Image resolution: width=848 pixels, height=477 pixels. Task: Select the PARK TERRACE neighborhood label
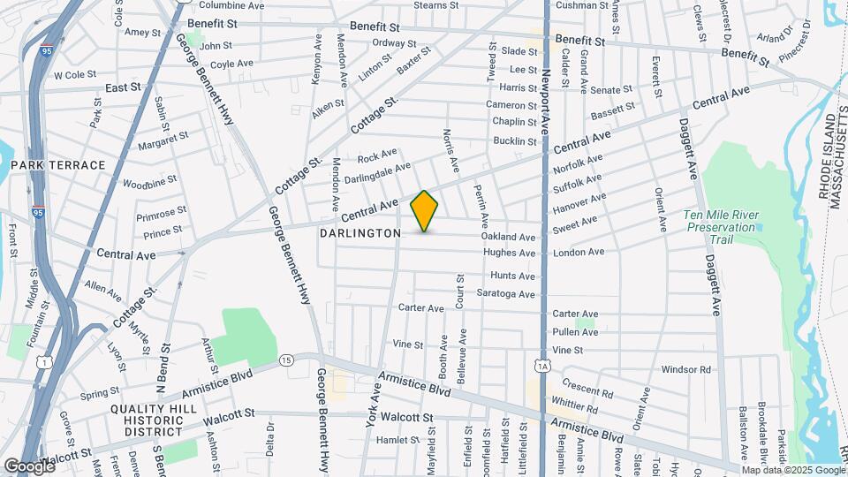click(58, 165)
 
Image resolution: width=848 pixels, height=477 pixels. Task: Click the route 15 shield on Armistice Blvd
click(286, 360)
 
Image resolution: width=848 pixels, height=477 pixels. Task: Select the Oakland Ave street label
click(508, 238)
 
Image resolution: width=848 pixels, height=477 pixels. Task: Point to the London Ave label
click(579, 253)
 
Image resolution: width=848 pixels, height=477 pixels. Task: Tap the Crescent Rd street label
click(587, 391)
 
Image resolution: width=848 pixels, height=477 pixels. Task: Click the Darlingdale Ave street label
click(377, 172)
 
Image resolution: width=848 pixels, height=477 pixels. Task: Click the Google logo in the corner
click(28, 466)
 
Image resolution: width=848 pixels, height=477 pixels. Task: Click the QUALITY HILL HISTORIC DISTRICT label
click(148, 420)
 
